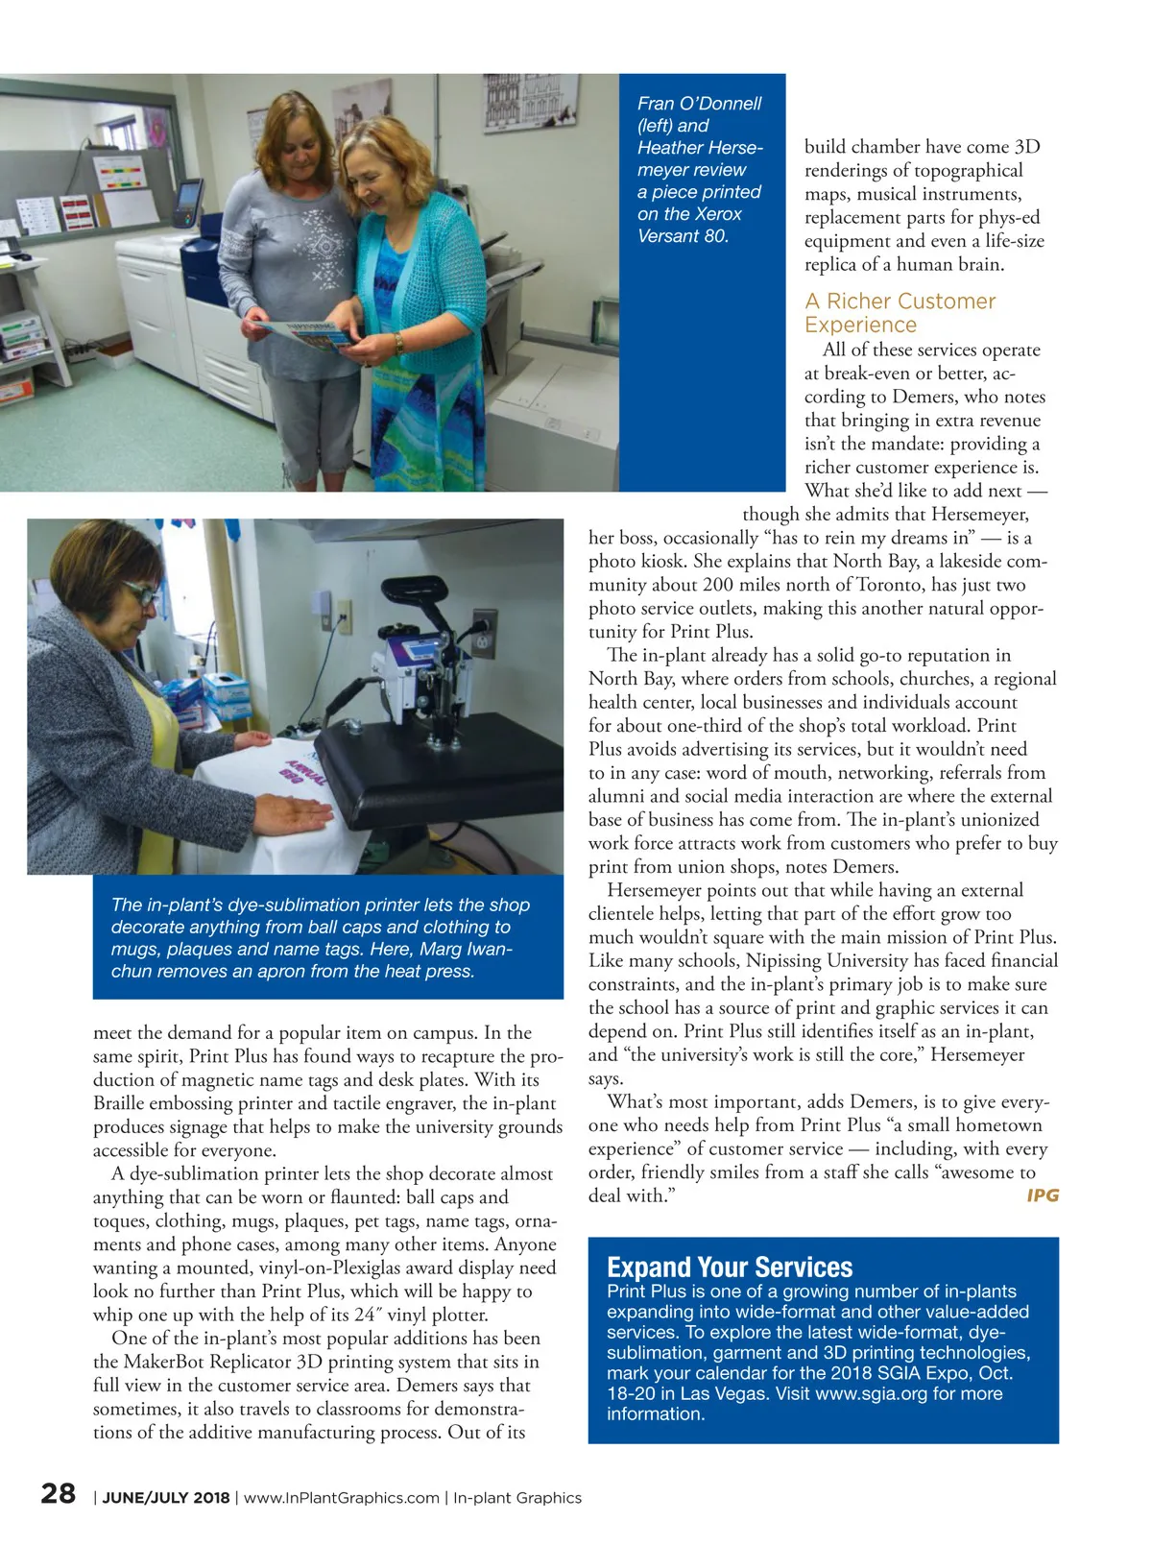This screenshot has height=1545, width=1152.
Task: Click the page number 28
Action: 59,1493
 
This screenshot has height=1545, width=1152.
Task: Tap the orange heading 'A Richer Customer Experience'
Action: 900,313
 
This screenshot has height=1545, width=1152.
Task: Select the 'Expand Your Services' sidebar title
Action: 730,1267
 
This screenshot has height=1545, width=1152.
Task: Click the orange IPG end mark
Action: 1043,1195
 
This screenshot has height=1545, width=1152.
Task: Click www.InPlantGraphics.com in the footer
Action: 342,1498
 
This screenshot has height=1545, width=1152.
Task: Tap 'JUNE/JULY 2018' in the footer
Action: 166,1498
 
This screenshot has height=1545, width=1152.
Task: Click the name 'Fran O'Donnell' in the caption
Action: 699,104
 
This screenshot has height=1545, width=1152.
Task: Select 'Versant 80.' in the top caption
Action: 683,236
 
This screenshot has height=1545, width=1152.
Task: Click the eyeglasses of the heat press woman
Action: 139,593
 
